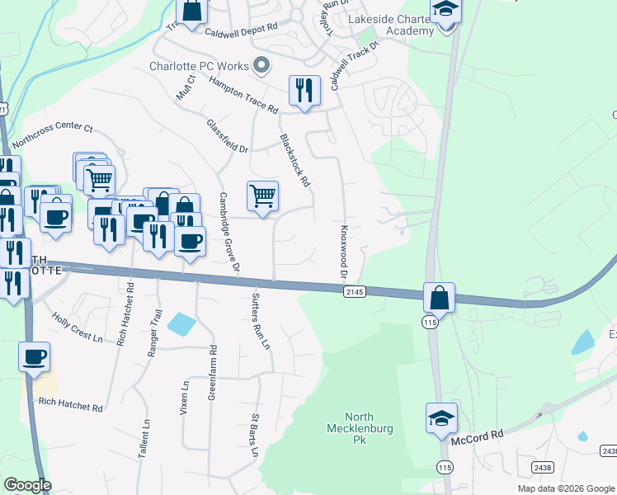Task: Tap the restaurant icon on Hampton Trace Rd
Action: [x=304, y=90]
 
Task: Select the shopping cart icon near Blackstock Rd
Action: [x=262, y=196]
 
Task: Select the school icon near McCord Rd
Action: [x=441, y=418]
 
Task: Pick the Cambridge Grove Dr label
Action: [x=228, y=233]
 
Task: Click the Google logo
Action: [x=27, y=485]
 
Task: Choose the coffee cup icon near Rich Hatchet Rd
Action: [x=35, y=357]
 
